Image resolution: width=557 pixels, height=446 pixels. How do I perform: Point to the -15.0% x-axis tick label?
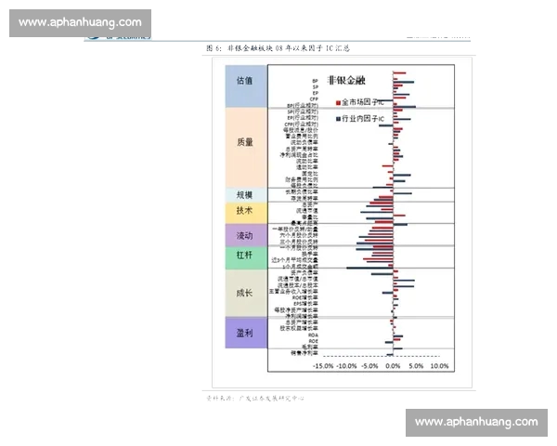coord(322,366)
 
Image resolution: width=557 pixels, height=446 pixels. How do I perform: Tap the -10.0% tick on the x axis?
coord(346,366)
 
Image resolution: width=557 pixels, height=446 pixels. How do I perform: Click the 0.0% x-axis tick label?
coord(393,366)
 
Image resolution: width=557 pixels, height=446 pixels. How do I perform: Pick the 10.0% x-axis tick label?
coord(439,366)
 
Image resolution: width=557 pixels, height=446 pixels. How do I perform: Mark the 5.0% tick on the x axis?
coord(416,366)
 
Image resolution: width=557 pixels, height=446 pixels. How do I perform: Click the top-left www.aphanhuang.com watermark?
coord(80,22)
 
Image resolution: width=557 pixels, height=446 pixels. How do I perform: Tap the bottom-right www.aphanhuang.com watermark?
coord(476,422)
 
